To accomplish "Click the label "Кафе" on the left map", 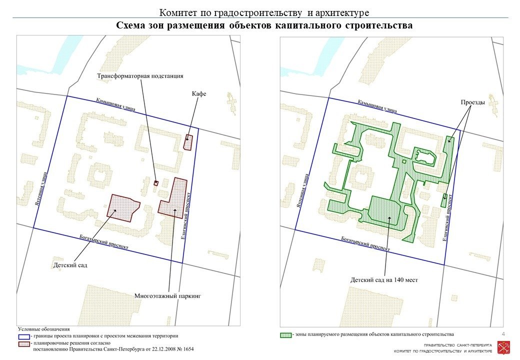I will [199, 94].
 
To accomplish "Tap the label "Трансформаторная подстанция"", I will [140, 76].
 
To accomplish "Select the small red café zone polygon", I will [188, 142].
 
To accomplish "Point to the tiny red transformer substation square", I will [156, 183].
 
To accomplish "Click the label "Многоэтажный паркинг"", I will [167, 296].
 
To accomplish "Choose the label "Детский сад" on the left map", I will [70, 264].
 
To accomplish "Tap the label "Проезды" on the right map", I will [472, 102].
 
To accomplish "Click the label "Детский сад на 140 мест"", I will [384, 280].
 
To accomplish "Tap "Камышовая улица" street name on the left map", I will [115, 105].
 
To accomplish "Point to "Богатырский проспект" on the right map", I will [365, 243].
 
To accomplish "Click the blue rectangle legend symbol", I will [23, 336].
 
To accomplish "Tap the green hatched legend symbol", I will [285, 334].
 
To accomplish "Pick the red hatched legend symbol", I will [23, 343].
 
